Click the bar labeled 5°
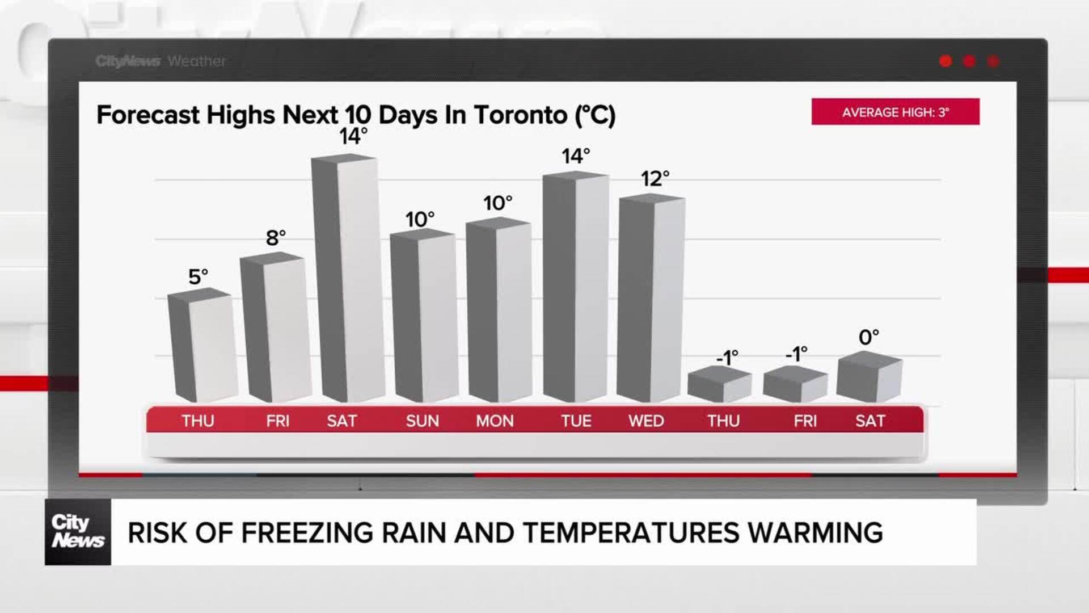point(202,346)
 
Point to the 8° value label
point(276,238)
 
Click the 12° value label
point(655,179)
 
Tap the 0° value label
point(868,337)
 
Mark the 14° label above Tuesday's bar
point(576,156)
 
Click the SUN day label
point(423,421)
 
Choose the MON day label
point(495,421)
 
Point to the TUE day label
point(576,421)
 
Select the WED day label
point(646,421)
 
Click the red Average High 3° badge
point(895,112)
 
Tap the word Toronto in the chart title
point(520,115)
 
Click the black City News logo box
point(78,532)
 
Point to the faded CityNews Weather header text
point(161,61)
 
